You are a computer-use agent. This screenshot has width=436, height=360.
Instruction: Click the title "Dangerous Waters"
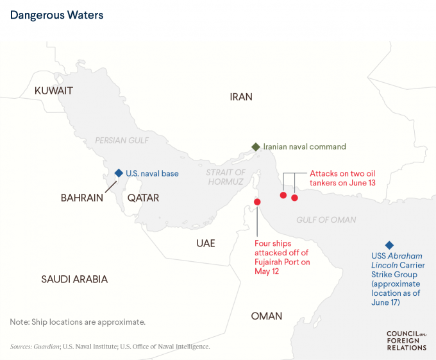point(56,13)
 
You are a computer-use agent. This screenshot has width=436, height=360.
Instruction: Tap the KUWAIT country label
point(54,91)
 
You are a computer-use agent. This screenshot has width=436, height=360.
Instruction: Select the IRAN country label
point(241,97)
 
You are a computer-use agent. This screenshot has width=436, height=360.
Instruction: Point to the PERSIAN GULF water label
point(122,140)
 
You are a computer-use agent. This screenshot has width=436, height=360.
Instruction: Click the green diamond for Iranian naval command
point(255,147)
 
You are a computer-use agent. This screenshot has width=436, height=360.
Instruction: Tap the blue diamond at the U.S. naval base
point(118,173)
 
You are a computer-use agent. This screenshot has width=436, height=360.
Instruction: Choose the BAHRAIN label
point(82,198)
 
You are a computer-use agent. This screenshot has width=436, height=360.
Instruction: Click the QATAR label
point(143,198)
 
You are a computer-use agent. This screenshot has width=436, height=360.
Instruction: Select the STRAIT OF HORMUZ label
point(225,177)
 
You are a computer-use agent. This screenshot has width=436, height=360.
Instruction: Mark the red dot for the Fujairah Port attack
point(257,202)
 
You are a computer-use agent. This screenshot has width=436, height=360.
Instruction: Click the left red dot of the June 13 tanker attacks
point(283,195)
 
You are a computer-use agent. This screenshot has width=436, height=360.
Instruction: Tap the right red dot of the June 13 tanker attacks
point(294,198)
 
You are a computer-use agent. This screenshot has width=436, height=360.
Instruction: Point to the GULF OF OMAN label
point(326,220)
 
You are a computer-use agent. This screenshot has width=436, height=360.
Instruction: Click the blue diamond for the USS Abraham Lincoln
point(389,245)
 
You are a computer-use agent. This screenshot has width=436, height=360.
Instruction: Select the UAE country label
point(206,243)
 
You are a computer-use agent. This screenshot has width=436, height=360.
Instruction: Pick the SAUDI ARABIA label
point(74,279)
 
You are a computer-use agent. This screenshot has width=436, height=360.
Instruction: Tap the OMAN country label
point(266,316)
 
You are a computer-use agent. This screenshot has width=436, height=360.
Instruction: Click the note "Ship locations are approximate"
point(78,321)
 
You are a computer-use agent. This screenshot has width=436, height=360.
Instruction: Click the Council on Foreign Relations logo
point(406,340)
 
